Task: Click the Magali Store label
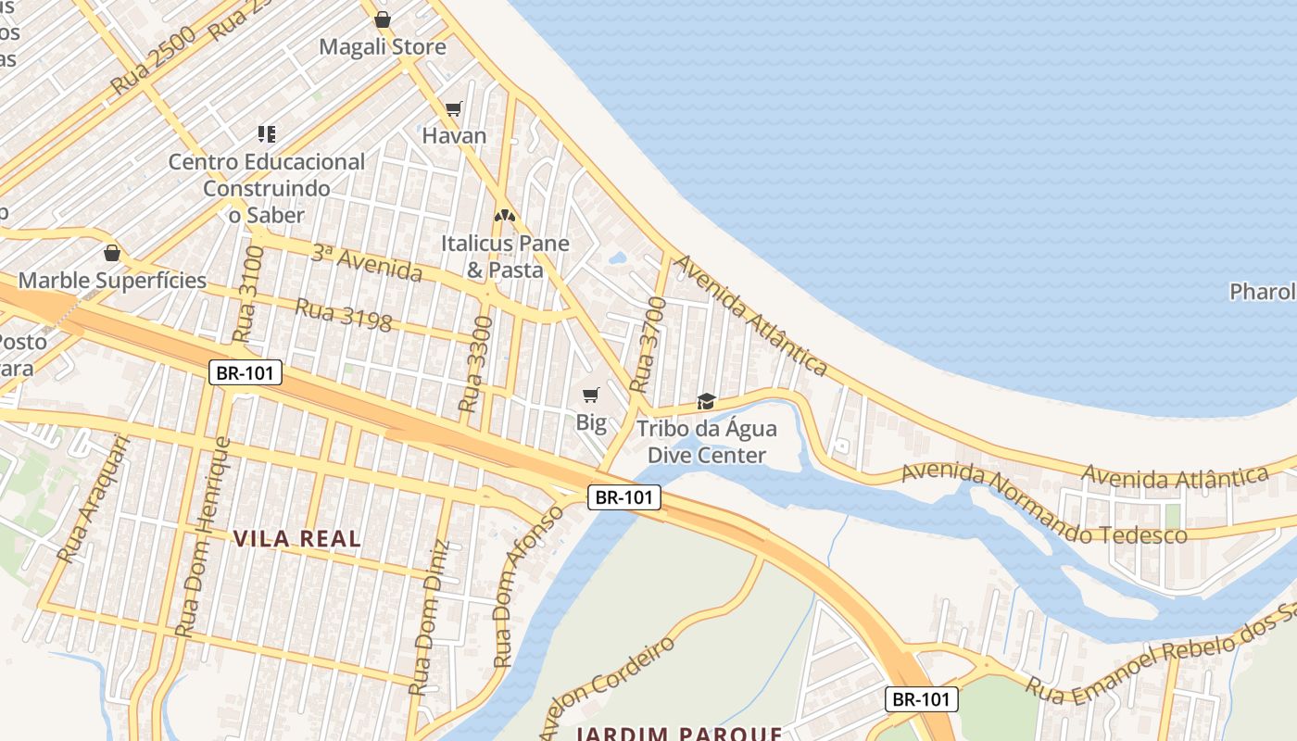pyautogui.click(x=383, y=47)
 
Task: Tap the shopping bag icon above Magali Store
pyautogui.click(x=383, y=19)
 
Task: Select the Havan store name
pyautogui.click(x=454, y=136)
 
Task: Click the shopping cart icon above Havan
pyautogui.click(x=454, y=109)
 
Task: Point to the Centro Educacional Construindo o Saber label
pyautogui.click(x=267, y=188)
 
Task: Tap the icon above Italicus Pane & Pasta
pyautogui.click(x=505, y=216)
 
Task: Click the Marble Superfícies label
pyautogui.click(x=112, y=281)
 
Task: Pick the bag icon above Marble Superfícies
pyautogui.click(x=112, y=253)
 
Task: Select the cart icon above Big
pyautogui.click(x=591, y=396)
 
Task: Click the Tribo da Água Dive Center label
pyautogui.click(x=707, y=442)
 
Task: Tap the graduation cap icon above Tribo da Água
pyautogui.click(x=707, y=401)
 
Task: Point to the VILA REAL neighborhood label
pyautogui.click(x=297, y=538)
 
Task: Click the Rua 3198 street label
pyautogui.click(x=343, y=316)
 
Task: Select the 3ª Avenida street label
pyautogui.click(x=366, y=263)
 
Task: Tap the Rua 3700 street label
pyautogui.click(x=647, y=345)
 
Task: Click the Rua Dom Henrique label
pyautogui.click(x=206, y=537)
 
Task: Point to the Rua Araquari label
pyautogui.click(x=94, y=500)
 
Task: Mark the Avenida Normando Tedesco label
pyautogui.click(x=1044, y=505)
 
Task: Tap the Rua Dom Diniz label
pyautogui.click(x=431, y=617)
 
